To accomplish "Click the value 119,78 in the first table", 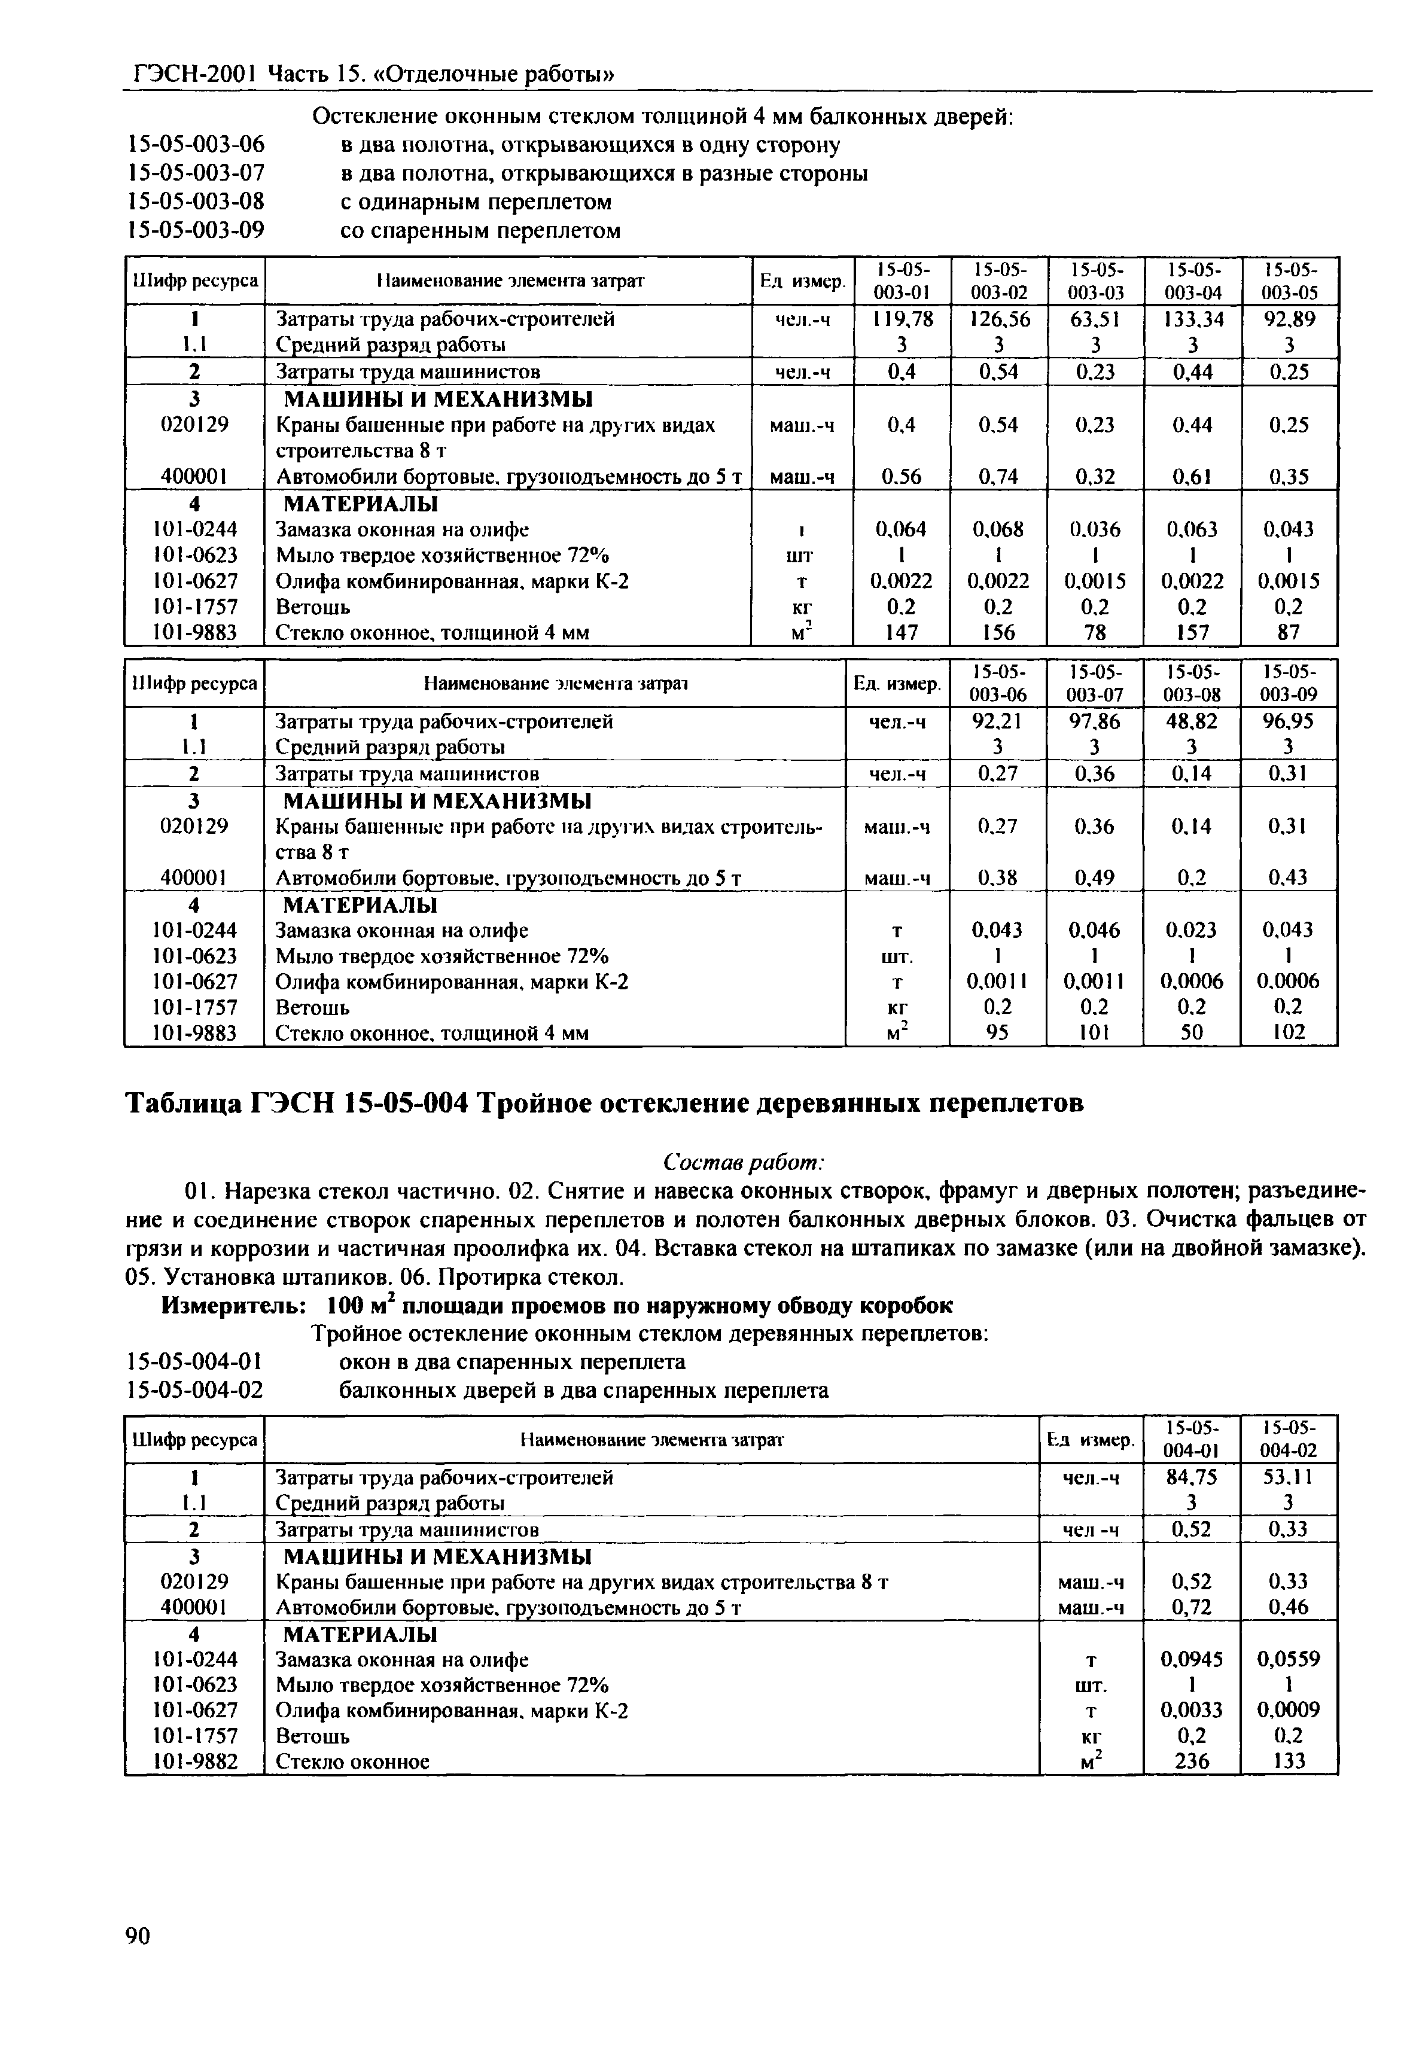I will click(x=902, y=319).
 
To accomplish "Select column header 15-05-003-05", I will click(x=1289, y=281).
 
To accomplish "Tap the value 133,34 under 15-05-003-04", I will click(x=1192, y=319).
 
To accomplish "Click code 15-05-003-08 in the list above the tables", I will click(x=197, y=202).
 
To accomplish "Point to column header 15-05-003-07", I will click(x=1095, y=682).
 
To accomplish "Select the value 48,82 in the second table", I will click(x=1192, y=721).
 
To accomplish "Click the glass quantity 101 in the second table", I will click(x=1095, y=1032).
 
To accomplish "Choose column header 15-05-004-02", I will click(x=1289, y=1440).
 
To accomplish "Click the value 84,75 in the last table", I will click(x=1192, y=1478).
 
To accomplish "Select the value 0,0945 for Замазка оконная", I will click(x=1192, y=1659).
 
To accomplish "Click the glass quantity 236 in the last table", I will click(x=1192, y=1761).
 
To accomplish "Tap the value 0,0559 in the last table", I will click(x=1289, y=1659).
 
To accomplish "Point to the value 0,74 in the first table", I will click(x=998, y=477).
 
